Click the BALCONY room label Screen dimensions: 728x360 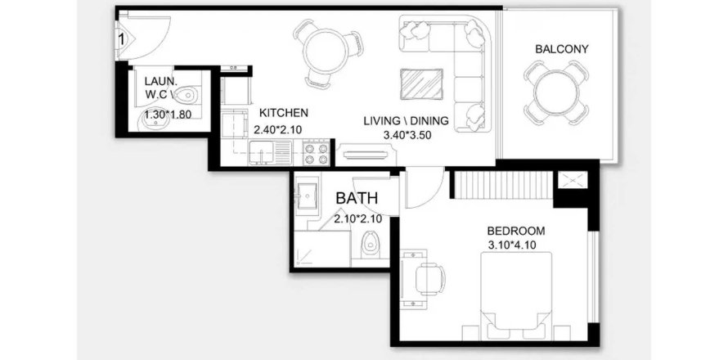pos(561,49)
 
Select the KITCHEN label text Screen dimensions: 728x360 pos(283,113)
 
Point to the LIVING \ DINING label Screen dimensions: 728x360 pos(406,121)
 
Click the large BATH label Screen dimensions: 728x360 pos(357,198)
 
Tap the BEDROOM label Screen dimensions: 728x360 pos(515,231)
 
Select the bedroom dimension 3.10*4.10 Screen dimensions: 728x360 pos(512,245)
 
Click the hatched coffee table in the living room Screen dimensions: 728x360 pos(421,84)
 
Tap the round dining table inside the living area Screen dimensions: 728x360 pos(327,51)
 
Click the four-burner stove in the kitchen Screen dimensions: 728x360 pos(317,153)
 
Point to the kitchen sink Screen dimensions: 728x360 pos(263,152)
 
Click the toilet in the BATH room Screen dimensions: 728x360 pos(371,242)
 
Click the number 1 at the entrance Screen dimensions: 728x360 pos(122,39)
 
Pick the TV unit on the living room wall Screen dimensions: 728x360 pos(366,154)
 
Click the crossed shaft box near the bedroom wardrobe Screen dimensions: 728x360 pos(573,181)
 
